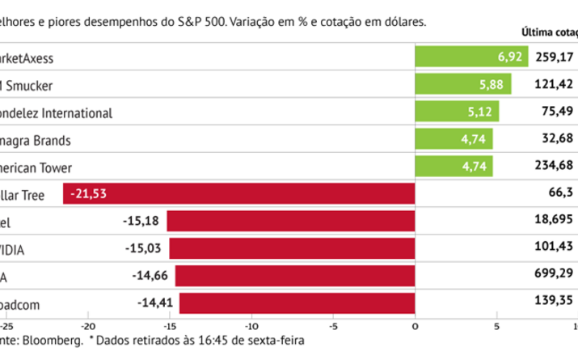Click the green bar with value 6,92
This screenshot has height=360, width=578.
pos(470,57)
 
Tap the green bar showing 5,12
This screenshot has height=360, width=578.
pos(456,112)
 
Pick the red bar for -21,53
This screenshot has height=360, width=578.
pos(238,194)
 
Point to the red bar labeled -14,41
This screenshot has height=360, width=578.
pos(297,303)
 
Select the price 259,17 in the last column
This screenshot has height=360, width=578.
pos(554,57)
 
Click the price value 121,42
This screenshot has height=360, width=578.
pos(554,85)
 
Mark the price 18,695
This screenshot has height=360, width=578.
pos(554,222)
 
